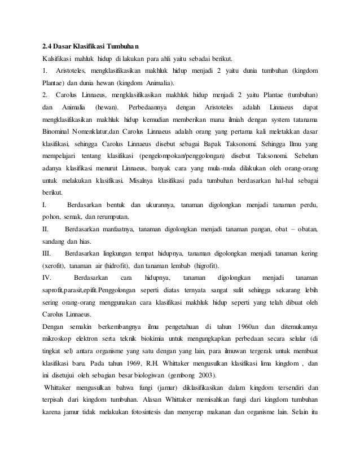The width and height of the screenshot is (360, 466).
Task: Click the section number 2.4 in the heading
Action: click(x=49, y=45)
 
